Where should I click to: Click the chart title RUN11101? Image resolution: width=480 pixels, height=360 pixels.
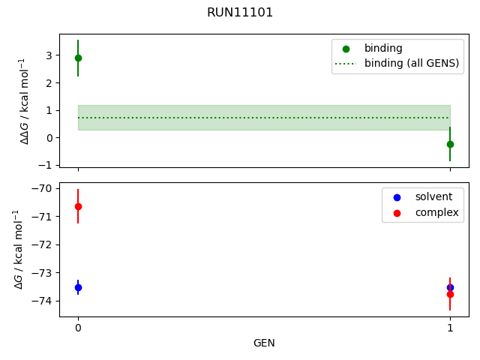(240, 13)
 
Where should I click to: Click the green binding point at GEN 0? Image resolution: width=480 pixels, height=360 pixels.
(78, 58)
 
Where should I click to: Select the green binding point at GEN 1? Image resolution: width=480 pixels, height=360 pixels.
(450, 144)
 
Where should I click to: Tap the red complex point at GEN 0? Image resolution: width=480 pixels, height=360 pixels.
(78, 206)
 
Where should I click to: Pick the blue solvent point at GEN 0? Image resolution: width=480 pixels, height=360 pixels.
(78, 287)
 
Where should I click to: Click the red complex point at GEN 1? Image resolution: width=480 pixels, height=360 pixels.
(450, 295)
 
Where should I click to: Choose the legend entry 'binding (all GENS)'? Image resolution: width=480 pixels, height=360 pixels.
(411, 64)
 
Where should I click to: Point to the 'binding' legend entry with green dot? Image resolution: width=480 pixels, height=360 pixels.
(383, 49)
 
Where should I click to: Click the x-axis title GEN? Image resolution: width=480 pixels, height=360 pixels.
(264, 343)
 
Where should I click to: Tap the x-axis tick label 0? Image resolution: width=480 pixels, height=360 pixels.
(78, 328)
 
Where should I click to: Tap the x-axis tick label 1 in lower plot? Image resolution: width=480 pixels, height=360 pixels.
(450, 328)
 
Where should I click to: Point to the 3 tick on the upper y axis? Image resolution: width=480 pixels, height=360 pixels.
(49, 55)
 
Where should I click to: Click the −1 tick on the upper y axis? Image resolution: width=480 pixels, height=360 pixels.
(46, 165)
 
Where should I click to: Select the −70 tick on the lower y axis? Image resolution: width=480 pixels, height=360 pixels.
(43, 188)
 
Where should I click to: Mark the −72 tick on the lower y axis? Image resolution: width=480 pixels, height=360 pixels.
(43, 244)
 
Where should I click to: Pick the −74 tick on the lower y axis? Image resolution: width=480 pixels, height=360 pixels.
(43, 301)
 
